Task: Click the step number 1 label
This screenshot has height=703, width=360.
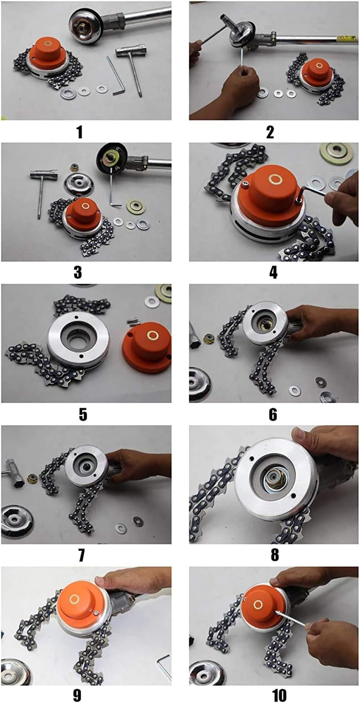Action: click(x=80, y=132)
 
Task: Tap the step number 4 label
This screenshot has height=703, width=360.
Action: click(x=273, y=272)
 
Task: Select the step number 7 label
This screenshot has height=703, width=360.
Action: click(x=81, y=554)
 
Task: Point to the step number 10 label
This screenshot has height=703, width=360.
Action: click(x=279, y=695)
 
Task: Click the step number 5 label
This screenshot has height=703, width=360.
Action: click(x=82, y=414)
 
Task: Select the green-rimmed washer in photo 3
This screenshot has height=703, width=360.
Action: click(x=135, y=207)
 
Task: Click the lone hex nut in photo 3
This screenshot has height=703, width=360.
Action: click(x=75, y=167)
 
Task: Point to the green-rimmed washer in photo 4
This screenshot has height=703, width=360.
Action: click(x=336, y=154)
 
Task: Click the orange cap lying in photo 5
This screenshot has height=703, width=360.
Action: click(x=147, y=348)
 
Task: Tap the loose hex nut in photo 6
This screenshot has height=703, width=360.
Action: click(x=208, y=338)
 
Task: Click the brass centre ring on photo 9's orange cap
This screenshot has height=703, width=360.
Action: click(x=75, y=599)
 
